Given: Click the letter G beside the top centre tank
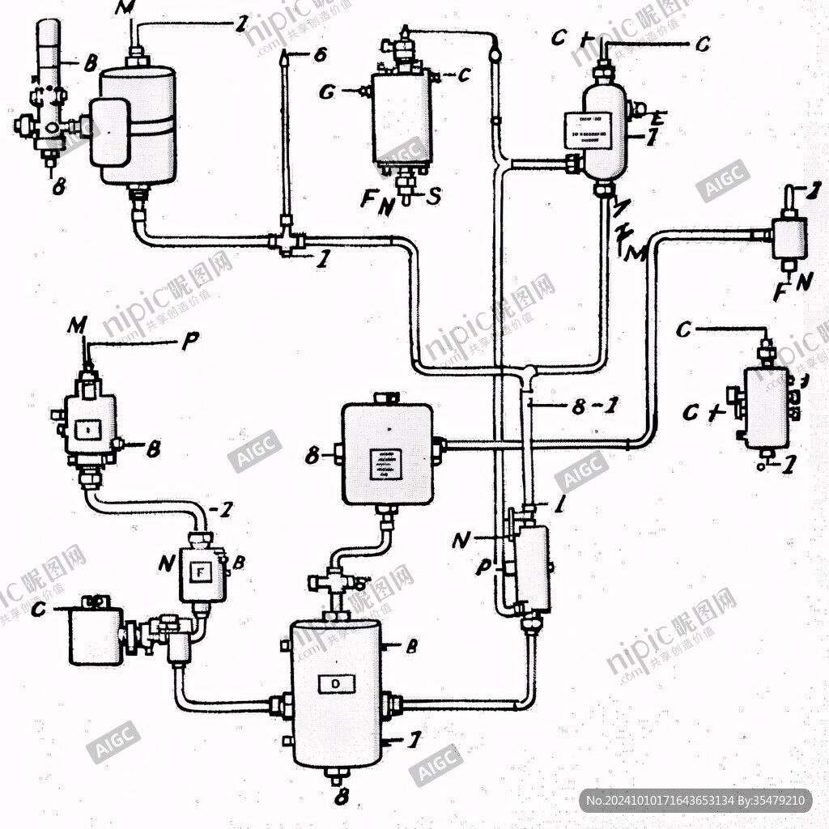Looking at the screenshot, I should click(327, 91).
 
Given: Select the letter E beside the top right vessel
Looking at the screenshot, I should click(656, 117).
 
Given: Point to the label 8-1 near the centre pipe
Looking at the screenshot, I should click(594, 407).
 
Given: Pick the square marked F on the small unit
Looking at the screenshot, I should click(202, 572).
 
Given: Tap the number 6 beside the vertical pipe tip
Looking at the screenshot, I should click(320, 55).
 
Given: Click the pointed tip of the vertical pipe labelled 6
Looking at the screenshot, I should click(285, 56).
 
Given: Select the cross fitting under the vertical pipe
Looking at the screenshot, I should click(285, 240).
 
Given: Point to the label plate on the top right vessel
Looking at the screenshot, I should click(587, 130).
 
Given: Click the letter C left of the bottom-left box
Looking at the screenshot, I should click(37, 610).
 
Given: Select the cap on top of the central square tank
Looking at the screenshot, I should click(387, 397).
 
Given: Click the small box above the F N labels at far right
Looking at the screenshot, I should click(789, 236).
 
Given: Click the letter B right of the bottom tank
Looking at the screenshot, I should click(411, 646).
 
